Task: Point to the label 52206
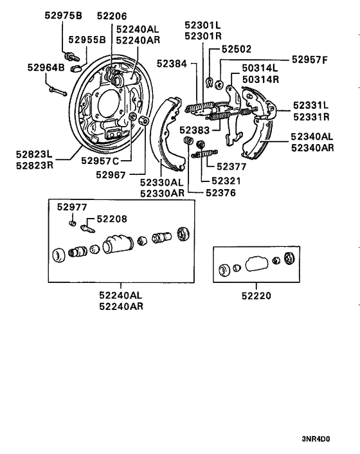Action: coord(112,15)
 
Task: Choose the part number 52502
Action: coord(236,49)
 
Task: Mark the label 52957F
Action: coord(309,60)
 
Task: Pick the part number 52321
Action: coord(226,181)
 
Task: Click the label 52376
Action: coord(221,192)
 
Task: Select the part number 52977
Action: coord(71,207)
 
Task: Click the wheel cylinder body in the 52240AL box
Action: coord(116,244)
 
